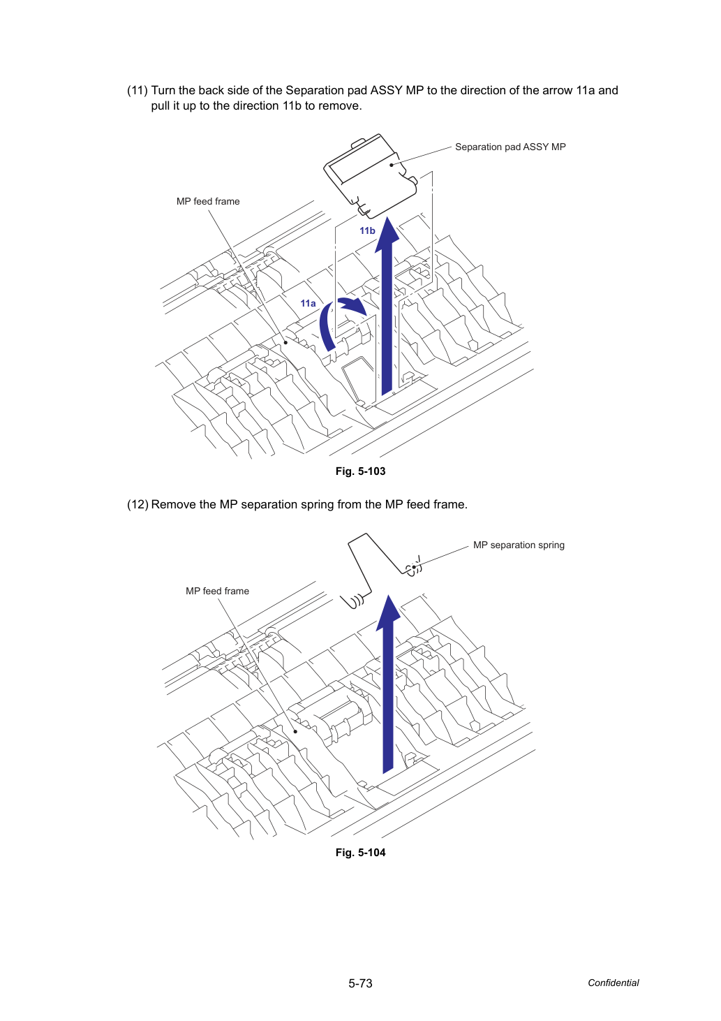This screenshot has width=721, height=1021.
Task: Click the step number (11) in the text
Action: [x=137, y=90]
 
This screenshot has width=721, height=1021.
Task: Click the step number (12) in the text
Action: [x=137, y=505]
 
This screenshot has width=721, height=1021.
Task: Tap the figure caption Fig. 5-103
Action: [x=360, y=471]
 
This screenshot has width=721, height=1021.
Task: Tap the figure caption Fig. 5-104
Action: [x=360, y=853]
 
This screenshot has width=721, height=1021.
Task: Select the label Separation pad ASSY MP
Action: [x=510, y=147]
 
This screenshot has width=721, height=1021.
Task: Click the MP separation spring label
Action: [x=519, y=545]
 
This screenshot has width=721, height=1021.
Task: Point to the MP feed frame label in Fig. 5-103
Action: [x=208, y=201]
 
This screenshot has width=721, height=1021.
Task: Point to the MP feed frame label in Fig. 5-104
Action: [x=217, y=592]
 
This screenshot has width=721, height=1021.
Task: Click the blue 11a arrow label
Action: [x=308, y=304]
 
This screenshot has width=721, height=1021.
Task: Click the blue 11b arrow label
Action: [x=367, y=230]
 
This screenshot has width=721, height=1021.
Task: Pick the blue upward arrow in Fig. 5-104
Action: [x=388, y=684]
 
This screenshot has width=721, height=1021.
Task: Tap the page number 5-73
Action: [x=360, y=983]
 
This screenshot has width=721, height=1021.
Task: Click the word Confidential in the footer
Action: [x=613, y=983]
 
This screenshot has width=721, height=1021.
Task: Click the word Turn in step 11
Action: [x=163, y=90]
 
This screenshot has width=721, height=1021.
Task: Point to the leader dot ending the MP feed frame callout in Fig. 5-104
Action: [x=295, y=732]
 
